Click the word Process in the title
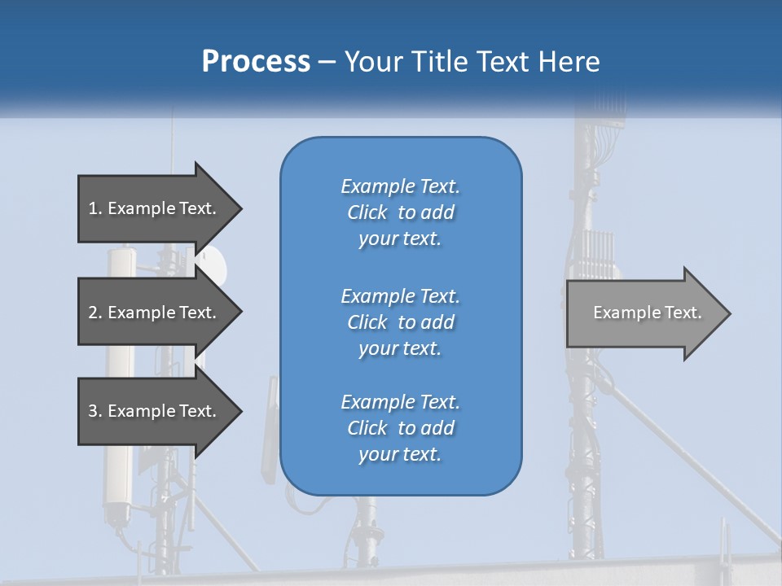click(x=256, y=62)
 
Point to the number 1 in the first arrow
click(x=92, y=208)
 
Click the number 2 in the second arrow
click(x=93, y=313)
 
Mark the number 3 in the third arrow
click(x=93, y=411)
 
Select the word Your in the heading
click(x=372, y=62)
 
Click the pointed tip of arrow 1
click(x=240, y=208)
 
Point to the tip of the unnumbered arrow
click(x=729, y=313)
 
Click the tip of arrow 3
click(x=240, y=411)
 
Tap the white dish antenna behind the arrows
click(x=213, y=262)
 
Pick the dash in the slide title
click(x=327, y=63)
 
